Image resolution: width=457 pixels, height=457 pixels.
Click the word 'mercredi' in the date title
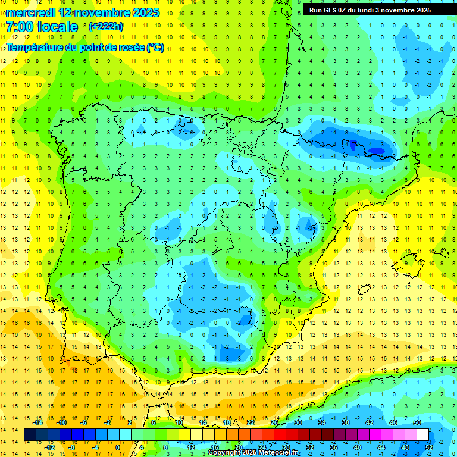(x=31, y=12)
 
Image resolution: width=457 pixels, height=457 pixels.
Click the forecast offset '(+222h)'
(x=106, y=27)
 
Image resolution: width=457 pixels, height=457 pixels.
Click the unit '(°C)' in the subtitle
(x=155, y=47)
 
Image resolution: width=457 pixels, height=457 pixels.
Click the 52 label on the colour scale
(x=429, y=447)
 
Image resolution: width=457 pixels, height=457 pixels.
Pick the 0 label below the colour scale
(x=117, y=447)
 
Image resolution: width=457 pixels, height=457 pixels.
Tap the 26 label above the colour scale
(x=274, y=422)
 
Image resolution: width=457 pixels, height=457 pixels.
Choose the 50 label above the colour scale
(x=417, y=422)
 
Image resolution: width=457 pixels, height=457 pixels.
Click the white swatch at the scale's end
(x=423, y=435)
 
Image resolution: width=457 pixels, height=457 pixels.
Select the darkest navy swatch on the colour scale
(x=30, y=435)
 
